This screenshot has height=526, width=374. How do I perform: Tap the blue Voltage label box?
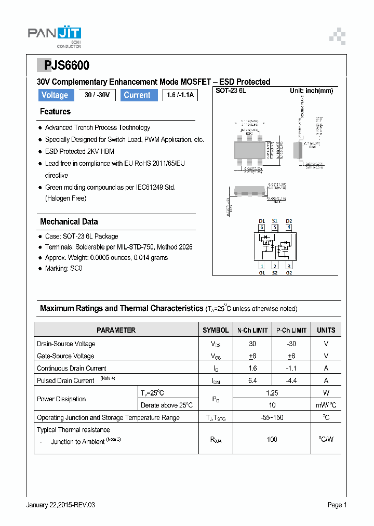coord(55,95)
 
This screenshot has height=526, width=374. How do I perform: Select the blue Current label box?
coord(137,95)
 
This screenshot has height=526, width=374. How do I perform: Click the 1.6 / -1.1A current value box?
coord(180,95)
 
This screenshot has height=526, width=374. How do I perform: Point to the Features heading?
coord(55,112)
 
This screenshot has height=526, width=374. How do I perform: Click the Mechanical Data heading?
coord(69,221)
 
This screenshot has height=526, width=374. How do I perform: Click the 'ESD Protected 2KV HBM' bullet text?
coord(79,151)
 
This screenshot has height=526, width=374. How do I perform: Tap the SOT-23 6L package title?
coord(231,90)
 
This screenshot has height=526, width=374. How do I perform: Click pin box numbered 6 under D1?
coord(262,227)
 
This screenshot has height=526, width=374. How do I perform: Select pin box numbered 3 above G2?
coord(289,266)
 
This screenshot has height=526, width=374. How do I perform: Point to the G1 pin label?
coord(262,273)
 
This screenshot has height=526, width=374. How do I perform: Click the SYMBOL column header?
coord(216,330)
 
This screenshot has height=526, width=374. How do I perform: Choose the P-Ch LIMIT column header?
coord(291,330)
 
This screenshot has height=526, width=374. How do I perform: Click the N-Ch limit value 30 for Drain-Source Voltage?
coord(252,344)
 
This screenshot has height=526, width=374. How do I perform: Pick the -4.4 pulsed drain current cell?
coord(291,380)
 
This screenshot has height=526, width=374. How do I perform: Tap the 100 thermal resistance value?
coord(272,439)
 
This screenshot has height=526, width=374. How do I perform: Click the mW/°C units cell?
coord(326,405)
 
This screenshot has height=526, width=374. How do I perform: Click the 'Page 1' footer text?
coord(337,505)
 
